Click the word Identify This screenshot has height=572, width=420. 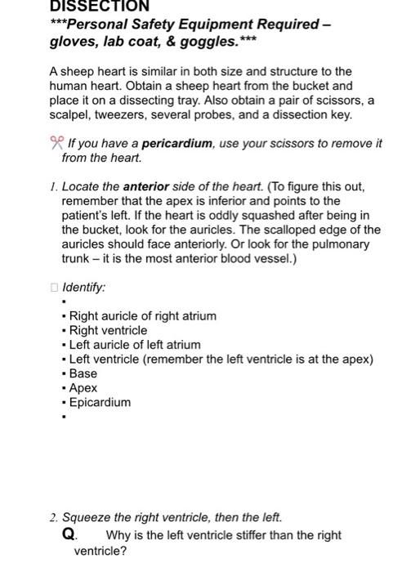(x=84, y=288)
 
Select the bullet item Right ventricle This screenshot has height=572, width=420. (x=108, y=330)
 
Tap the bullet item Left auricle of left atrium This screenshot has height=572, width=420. (x=134, y=345)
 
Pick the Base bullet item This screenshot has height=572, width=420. (x=83, y=373)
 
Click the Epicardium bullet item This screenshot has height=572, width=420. (x=99, y=402)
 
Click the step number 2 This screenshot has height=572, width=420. (x=52, y=517)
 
